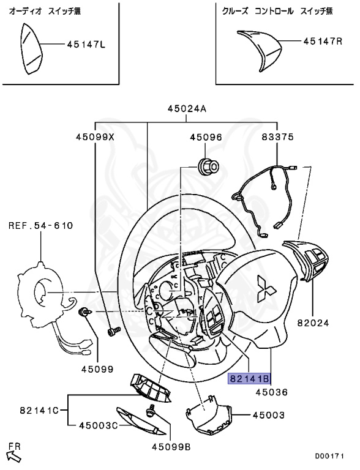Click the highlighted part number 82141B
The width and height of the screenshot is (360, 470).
pyautogui.click(x=249, y=379)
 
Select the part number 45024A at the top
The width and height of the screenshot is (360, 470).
pyautogui.click(x=187, y=108)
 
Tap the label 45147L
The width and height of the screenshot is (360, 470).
pyautogui.click(x=86, y=45)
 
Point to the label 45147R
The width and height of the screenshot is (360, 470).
pyautogui.click(x=323, y=41)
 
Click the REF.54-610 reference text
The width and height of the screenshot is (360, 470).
pyautogui.click(x=41, y=225)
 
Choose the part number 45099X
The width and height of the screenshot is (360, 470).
pyautogui.click(x=95, y=137)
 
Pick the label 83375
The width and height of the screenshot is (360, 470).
pyautogui.click(x=277, y=137)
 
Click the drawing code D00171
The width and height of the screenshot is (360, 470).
pyautogui.click(x=329, y=456)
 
